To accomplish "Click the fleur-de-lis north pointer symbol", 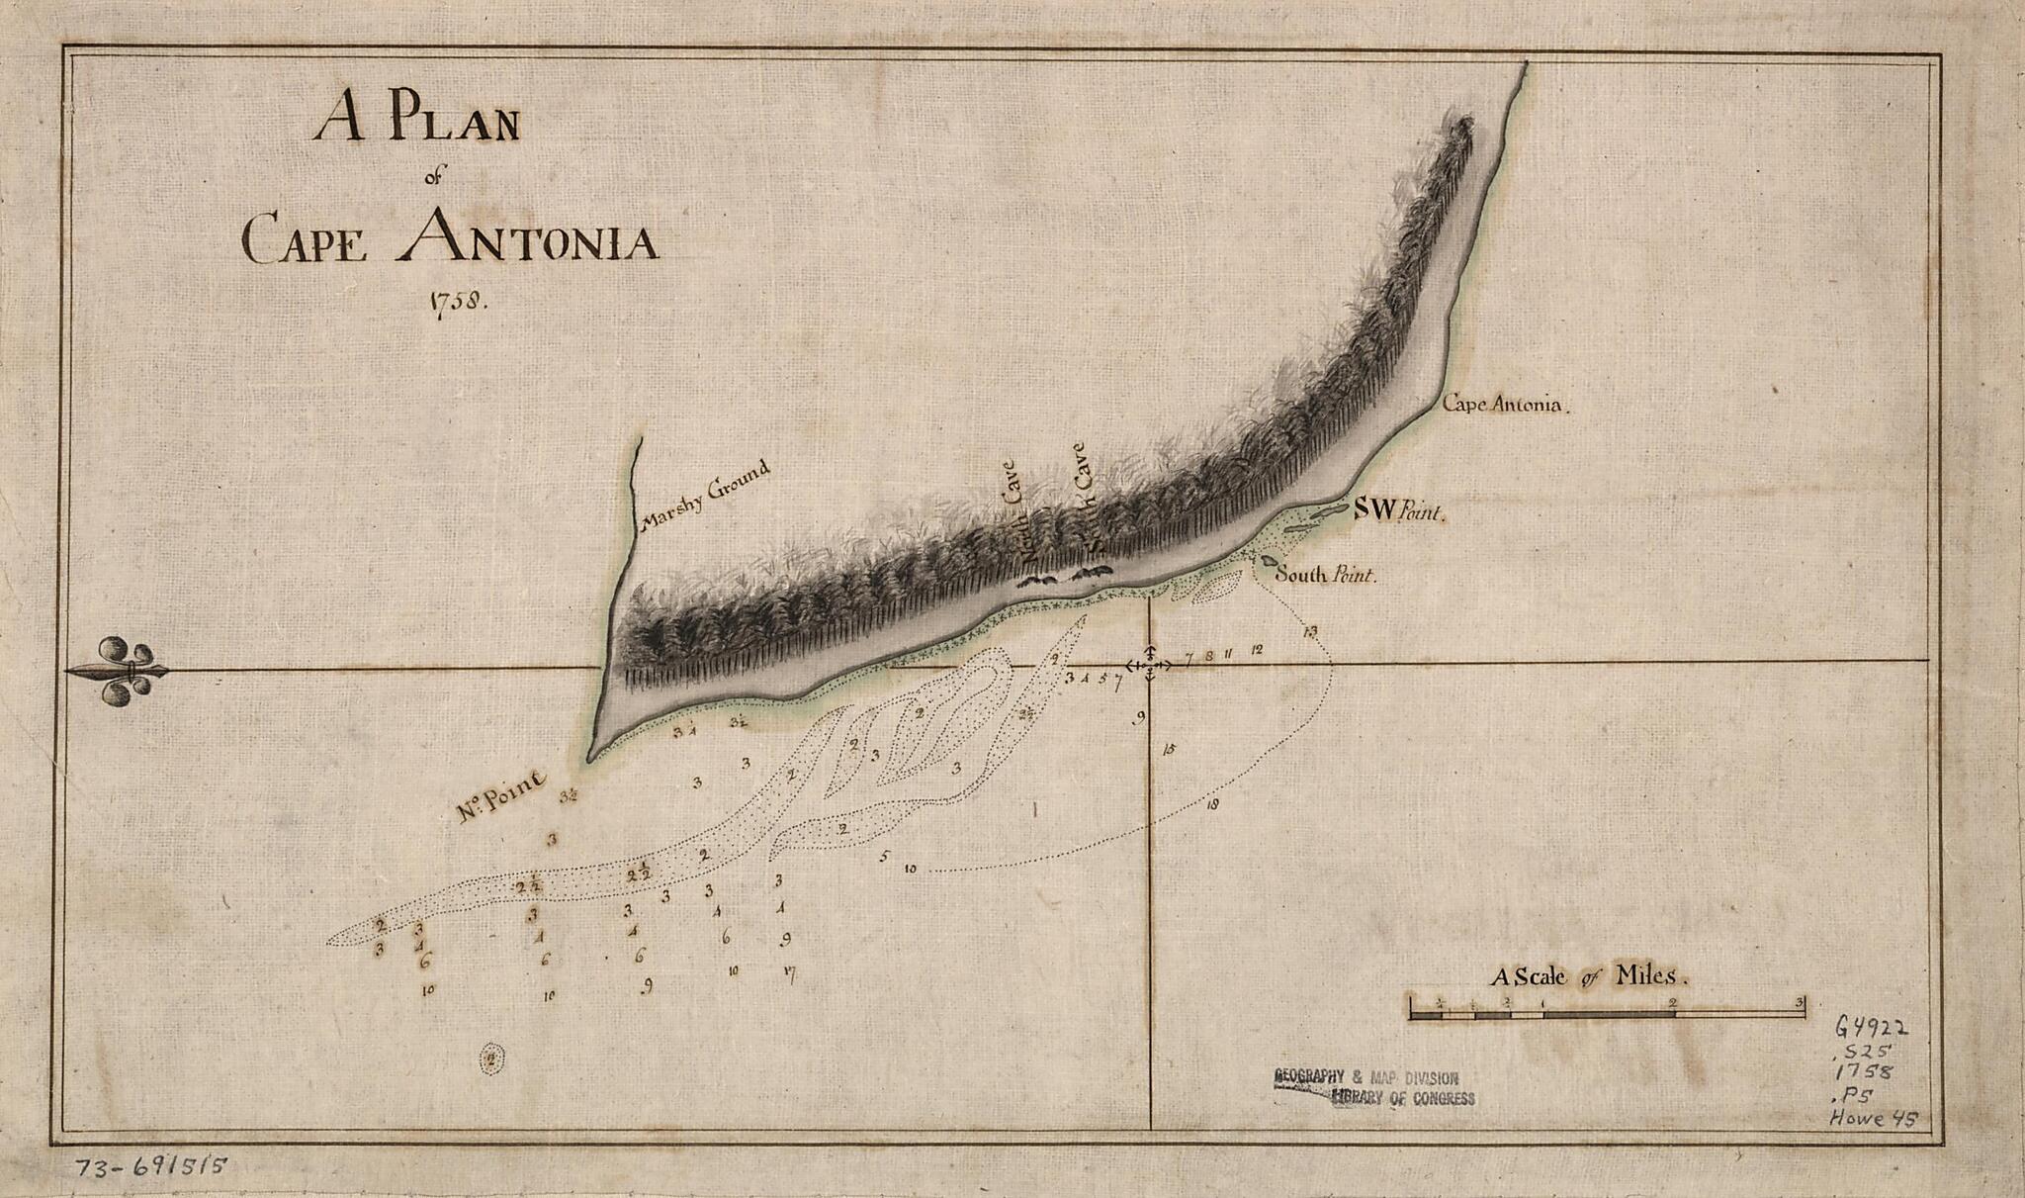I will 121,671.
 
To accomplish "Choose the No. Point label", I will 502,797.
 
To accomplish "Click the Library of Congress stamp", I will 1375,1087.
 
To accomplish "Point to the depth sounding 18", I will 1212,804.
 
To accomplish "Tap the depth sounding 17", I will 788,972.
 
